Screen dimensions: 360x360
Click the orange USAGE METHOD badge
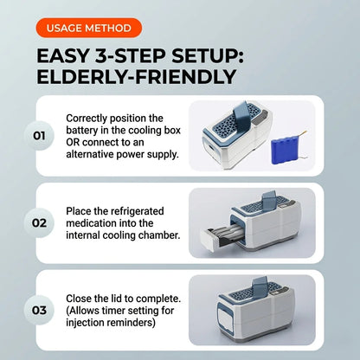89,28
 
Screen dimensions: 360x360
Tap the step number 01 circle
39,136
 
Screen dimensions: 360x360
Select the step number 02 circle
39,223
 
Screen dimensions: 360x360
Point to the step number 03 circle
39,311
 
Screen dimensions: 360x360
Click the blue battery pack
288,150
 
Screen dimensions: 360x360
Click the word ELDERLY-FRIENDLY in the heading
137,77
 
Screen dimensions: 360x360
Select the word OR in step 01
73,143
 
